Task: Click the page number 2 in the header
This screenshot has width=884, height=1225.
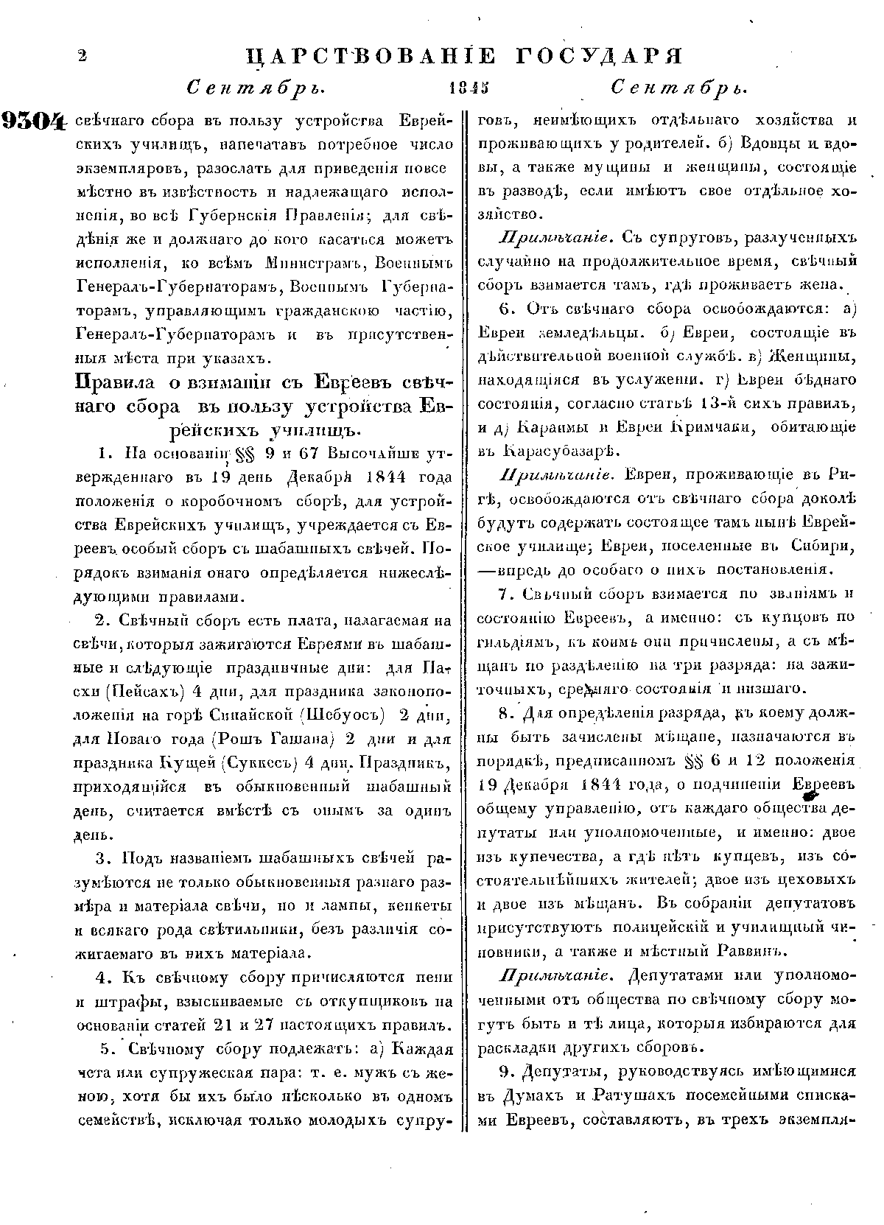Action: point(81,57)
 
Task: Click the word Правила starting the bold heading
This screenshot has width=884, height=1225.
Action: point(114,384)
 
